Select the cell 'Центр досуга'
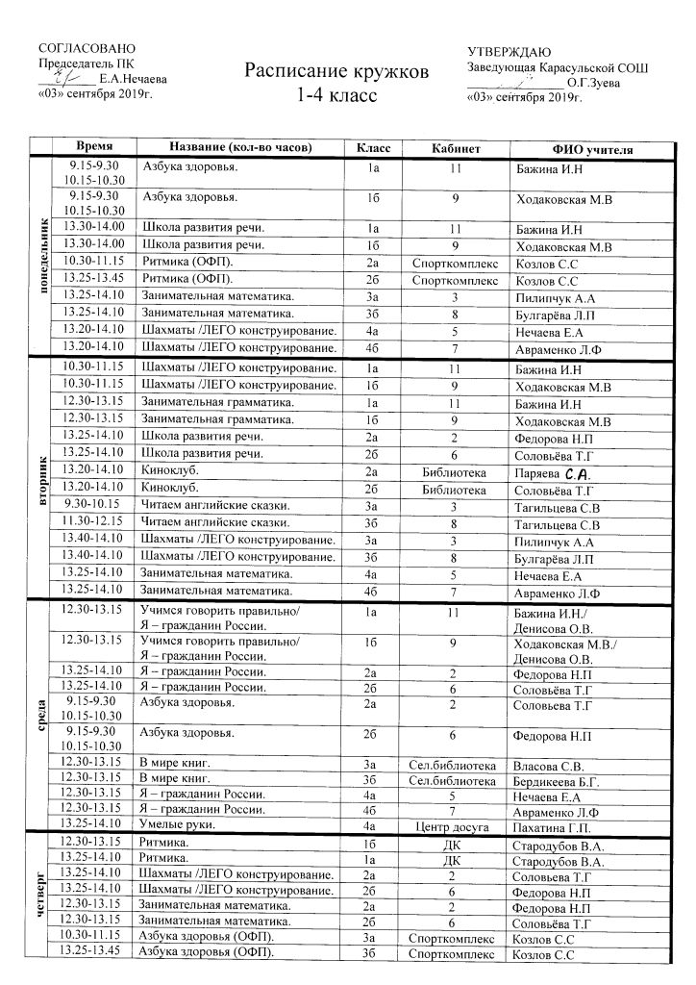[x=454, y=827]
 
